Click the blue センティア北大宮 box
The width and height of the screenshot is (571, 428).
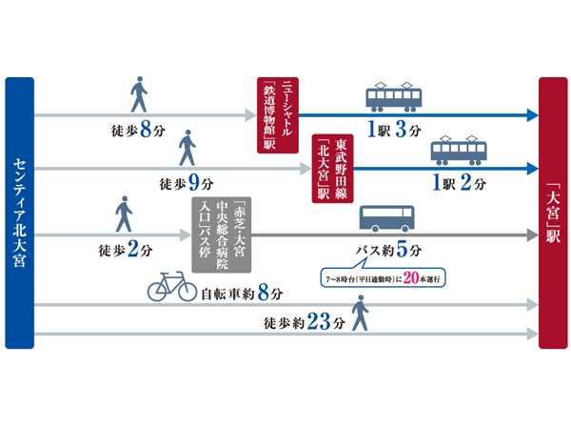pyautogui.click(x=19, y=214)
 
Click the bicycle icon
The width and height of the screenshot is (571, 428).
pyautogui.click(x=171, y=287)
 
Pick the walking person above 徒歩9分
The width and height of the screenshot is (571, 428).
pyautogui.click(x=187, y=151)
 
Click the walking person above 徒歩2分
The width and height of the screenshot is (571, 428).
pyautogui.click(x=123, y=214)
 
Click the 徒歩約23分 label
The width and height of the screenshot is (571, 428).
pyautogui.click(x=304, y=322)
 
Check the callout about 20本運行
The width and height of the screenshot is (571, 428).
pyautogui.click(x=384, y=279)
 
